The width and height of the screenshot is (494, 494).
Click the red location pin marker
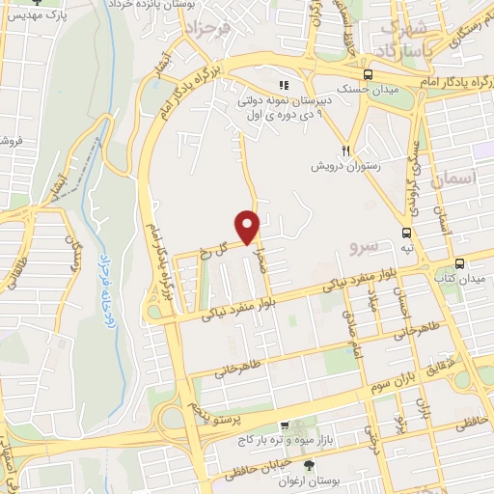250,227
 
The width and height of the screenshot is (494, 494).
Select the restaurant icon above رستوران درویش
345,150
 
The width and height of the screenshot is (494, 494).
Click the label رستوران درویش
345,166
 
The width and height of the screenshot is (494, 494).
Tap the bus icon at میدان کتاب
459,263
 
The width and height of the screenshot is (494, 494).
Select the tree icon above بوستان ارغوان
282,467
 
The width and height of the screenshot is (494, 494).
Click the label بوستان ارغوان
282,480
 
